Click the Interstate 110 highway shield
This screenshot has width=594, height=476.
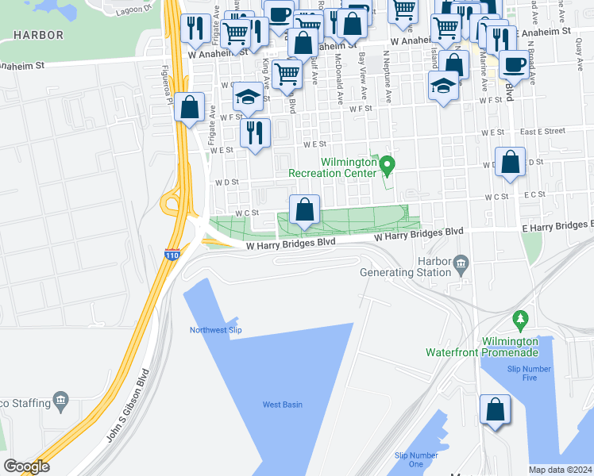(172, 255)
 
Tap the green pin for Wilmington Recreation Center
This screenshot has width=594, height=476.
(388, 166)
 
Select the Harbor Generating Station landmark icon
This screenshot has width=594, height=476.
(461, 263)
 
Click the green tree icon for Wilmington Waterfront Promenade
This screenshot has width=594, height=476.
(521, 321)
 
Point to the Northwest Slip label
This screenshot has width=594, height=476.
(215, 330)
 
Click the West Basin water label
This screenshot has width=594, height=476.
(283, 405)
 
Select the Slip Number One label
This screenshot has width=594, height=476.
(416, 459)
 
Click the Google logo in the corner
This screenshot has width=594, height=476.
(26, 466)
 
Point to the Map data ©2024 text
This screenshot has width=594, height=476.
(560, 470)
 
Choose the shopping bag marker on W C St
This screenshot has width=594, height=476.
(304, 210)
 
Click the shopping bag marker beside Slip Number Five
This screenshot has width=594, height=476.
(495, 410)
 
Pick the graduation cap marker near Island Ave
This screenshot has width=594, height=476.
(442, 86)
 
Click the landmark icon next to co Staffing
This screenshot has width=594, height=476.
(60, 401)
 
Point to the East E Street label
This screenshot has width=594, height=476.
(543, 131)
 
